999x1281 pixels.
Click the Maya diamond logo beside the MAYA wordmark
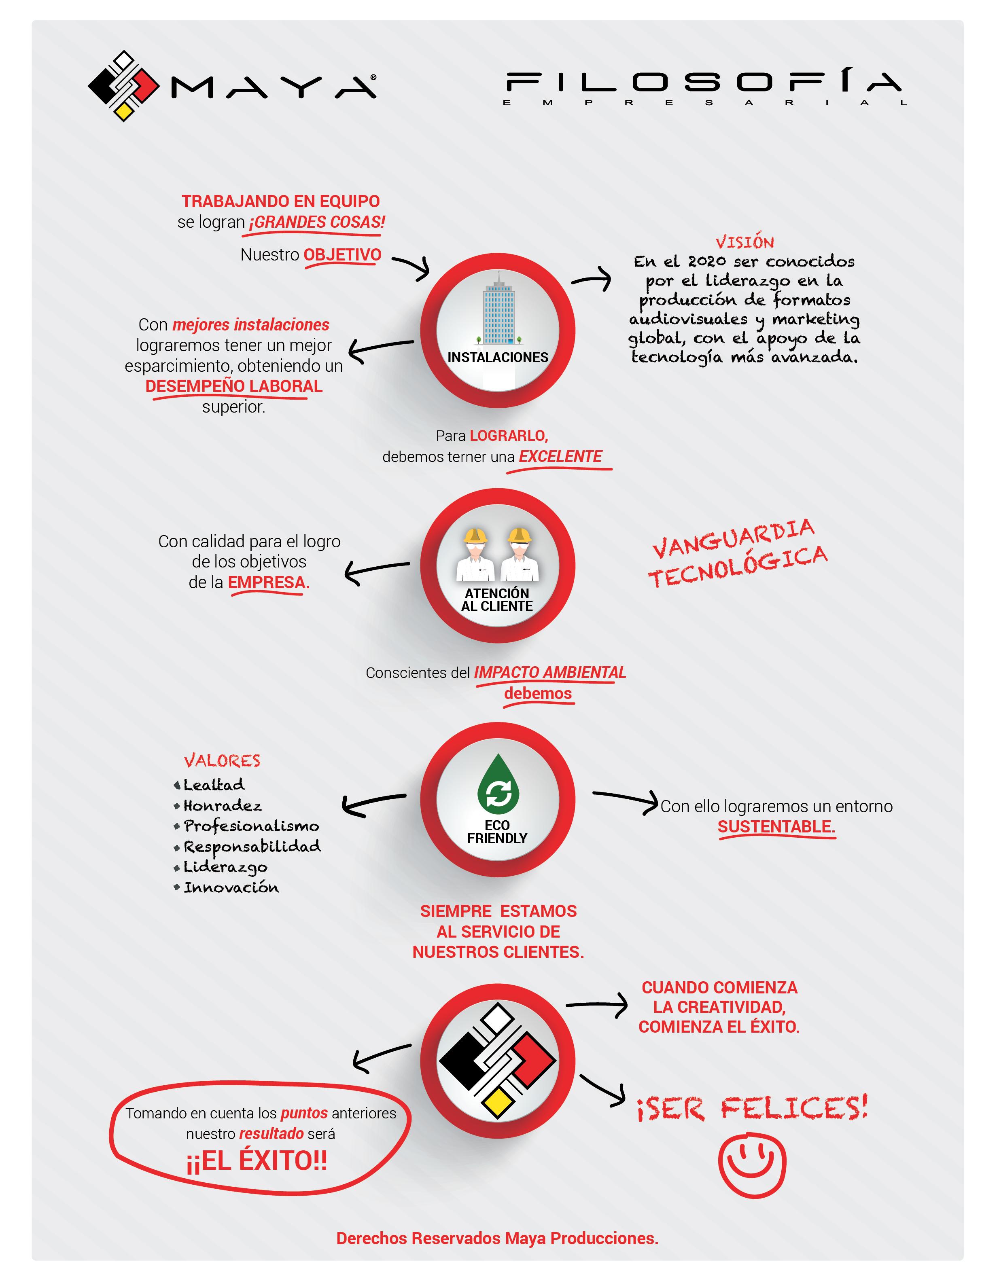(x=123, y=86)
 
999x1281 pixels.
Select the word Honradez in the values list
(x=222, y=806)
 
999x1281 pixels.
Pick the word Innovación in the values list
(x=231, y=887)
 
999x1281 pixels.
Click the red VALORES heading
(x=222, y=761)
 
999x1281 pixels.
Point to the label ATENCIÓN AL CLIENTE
(x=497, y=599)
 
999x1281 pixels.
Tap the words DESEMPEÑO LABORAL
(x=233, y=386)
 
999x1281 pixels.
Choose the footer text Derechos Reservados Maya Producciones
(x=497, y=1238)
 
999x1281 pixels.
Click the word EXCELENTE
(x=560, y=456)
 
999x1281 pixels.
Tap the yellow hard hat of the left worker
(x=475, y=535)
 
